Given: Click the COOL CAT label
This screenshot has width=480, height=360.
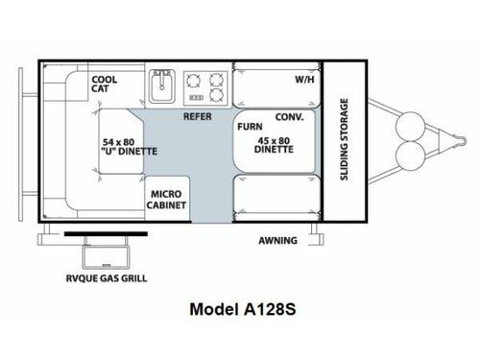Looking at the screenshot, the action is click(105, 84).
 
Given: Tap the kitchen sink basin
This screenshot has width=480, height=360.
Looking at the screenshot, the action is click(162, 86).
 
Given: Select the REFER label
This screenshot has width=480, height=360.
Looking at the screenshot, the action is click(198, 116).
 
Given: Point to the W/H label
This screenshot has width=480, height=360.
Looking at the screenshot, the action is click(304, 80).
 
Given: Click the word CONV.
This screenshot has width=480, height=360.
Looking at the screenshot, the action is click(289, 117).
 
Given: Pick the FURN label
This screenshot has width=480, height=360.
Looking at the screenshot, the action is click(250, 127).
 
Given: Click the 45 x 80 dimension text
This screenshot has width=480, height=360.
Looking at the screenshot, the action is click(274, 141).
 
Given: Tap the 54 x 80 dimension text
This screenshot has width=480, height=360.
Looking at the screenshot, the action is click(118, 142).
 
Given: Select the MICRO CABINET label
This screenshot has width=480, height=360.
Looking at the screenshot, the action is click(166, 200).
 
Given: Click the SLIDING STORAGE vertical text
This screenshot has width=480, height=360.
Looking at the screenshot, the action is click(344, 139).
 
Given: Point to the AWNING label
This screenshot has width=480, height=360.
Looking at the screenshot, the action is click(277, 240).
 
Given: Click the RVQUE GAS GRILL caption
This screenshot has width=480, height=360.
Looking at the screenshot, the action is click(107, 278).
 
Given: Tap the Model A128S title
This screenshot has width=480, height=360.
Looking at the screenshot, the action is click(243, 309).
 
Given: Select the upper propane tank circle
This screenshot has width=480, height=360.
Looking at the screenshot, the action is click(411, 127).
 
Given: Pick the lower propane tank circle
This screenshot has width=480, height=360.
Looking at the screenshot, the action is click(411, 156).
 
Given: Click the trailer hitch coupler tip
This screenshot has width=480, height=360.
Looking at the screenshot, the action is click(464, 141).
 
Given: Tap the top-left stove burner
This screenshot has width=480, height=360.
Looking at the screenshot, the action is click(194, 81).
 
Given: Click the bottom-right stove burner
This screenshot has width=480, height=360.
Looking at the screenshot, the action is click(217, 95).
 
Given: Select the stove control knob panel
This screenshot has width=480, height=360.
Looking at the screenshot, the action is click(196, 98).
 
